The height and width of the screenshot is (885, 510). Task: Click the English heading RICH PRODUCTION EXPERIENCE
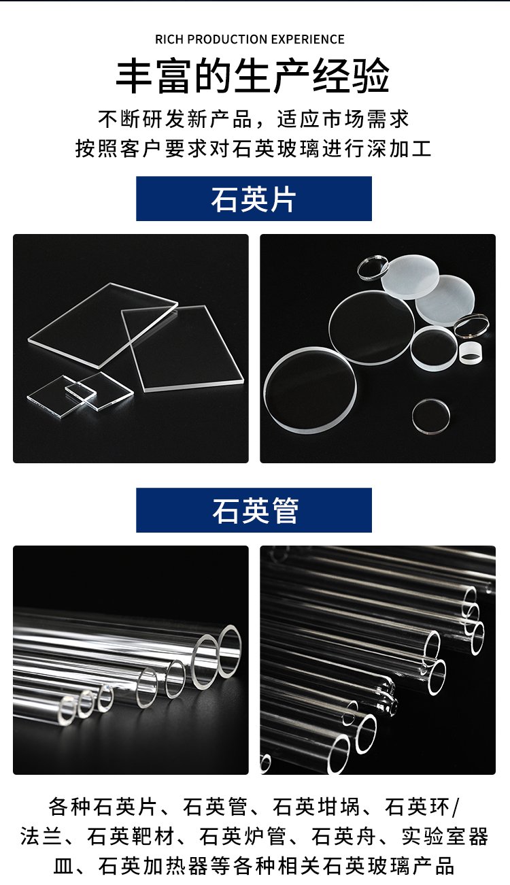pyautogui.click(x=250, y=39)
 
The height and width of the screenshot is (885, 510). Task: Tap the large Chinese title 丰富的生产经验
pyautogui.click(x=253, y=76)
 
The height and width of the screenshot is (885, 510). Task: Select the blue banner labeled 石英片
pyautogui.click(x=254, y=199)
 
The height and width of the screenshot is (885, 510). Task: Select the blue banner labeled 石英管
pyautogui.click(x=254, y=510)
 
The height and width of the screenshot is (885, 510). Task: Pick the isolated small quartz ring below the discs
pyautogui.click(x=431, y=416)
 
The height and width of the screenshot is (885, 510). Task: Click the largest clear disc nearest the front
pyautogui.click(x=310, y=390)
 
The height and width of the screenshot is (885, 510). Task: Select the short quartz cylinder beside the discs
pyautogui.click(x=470, y=353)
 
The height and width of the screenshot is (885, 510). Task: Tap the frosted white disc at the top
pyautogui.click(x=410, y=277)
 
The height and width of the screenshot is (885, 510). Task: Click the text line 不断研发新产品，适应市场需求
pyautogui.click(x=254, y=119)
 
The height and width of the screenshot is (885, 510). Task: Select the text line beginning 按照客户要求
pyautogui.click(x=253, y=148)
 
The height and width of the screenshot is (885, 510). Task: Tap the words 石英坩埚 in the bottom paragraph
pyautogui.click(x=316, y=807)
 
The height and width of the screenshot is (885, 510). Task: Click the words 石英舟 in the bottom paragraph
pyautogui.click(x=343, y=837)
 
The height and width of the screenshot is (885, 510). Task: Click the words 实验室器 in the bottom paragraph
pyautogui.click(x=445, y=837)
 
